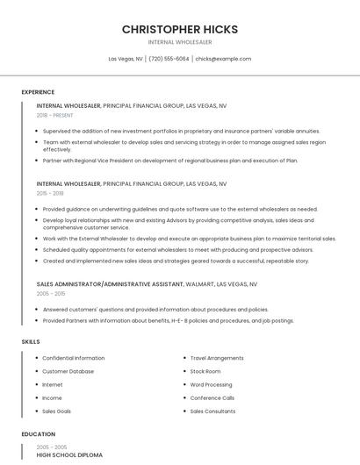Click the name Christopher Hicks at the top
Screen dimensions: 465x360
pos(180,29)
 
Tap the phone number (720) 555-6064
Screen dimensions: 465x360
pos(169,59)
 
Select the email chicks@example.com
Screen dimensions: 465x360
pos(223,59)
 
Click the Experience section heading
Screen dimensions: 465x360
pos(38,92)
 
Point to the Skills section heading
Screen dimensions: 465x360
pos(31,341)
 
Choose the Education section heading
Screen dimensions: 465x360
pos(38,434)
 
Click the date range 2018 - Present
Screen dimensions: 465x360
pos(54,115)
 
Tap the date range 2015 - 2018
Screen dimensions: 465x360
pos(50,193)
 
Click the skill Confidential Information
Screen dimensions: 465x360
pos(73,358)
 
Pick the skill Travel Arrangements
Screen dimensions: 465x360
pos(217,358)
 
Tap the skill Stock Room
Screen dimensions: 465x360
pos(206,371)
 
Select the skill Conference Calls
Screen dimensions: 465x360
pos(212,397)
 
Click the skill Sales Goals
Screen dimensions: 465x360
pos(56,411)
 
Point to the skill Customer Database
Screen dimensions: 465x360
pos(68,371)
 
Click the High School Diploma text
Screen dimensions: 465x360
pos(69,455)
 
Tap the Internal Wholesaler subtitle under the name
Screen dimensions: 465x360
pos(180,42)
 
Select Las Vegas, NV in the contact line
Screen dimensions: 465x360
pos(126,59)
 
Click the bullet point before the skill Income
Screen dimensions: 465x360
pos(36,397)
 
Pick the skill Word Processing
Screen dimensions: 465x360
pos(211,384)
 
